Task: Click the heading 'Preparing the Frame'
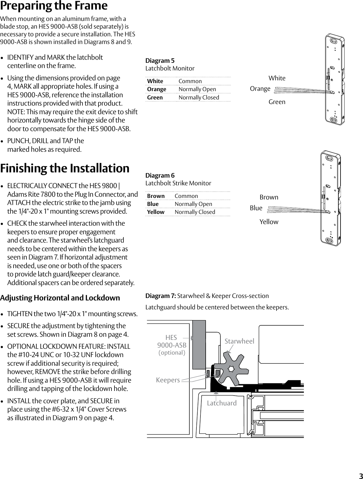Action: coord(54,6)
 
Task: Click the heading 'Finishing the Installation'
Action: coord(65,168)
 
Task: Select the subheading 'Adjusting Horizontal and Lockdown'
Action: coord(60,298)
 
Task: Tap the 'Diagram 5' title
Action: coord(160,60)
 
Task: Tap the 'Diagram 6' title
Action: coord(160,175)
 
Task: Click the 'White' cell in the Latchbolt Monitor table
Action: coord(155,81)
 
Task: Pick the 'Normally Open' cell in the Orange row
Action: coord(197,89)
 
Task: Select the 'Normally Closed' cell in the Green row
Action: coord(199,98)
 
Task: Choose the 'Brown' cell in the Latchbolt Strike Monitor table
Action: coord(156,196)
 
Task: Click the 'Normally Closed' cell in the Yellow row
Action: coord(195,212)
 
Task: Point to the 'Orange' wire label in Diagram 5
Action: coord(260,89)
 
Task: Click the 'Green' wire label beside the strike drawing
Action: coord(277,102)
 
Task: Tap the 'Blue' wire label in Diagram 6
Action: coord(256,208)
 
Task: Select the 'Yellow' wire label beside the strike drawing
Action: coord(269,222)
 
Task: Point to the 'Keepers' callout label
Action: coord(168,380)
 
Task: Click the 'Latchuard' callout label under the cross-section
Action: coord(222,403)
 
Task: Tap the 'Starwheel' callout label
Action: coord(239,341)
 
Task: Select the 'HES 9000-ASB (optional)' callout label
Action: coord(172,345)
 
